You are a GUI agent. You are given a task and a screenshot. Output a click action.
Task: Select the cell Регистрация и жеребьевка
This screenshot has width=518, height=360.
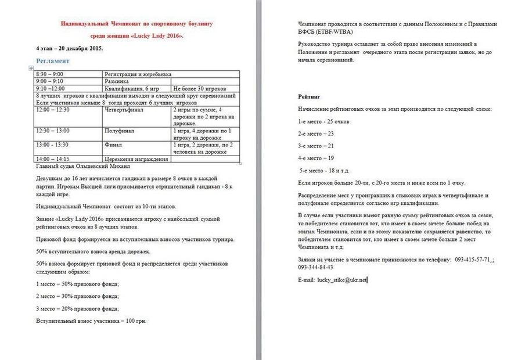pyautogui.click(x=138, y=75)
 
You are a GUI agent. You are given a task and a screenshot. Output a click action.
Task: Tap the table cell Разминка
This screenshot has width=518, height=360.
pyautogui.click(x=117, y=82)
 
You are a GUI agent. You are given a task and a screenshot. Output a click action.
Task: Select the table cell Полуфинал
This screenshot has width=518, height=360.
pyautogui.click(x=119, y=131)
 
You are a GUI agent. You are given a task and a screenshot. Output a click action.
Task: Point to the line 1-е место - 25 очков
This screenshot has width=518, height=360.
pyautogui.click(x=323, y=121)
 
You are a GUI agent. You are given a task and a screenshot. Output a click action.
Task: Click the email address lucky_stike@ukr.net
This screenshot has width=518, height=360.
pyautogui.click(x=342, y=280)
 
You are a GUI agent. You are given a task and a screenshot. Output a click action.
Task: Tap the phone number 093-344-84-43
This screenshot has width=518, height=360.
pyautogui.click(x=315, y=267)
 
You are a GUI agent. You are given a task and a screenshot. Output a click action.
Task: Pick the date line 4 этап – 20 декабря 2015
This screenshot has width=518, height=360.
pyautogui.click(x=69, y=48)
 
